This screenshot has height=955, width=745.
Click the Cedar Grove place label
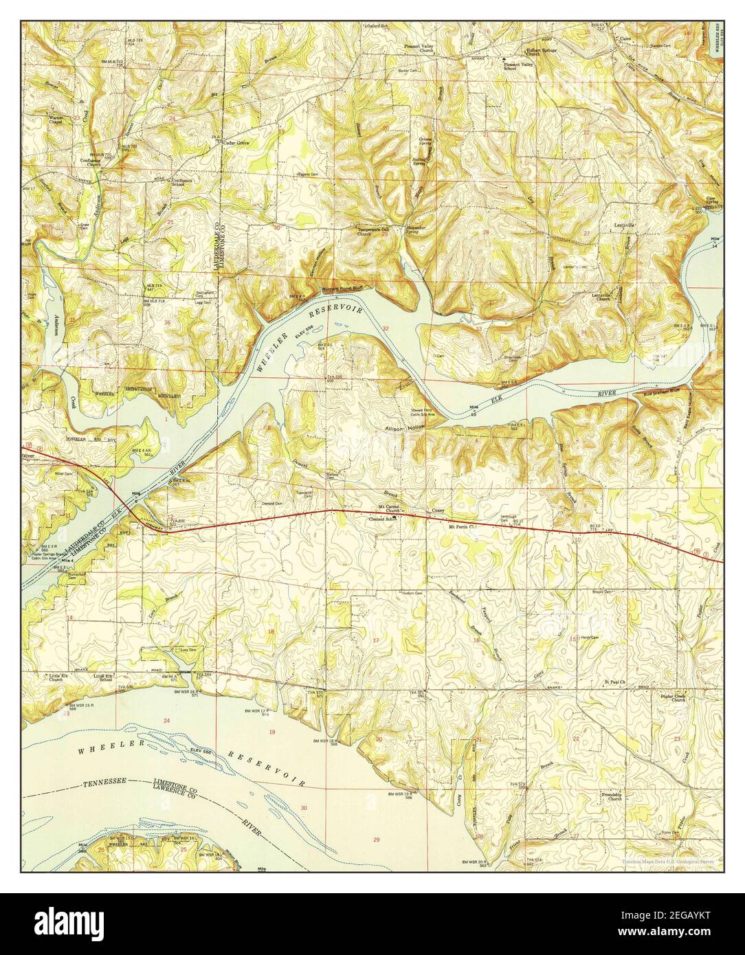(x=236, y=143)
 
